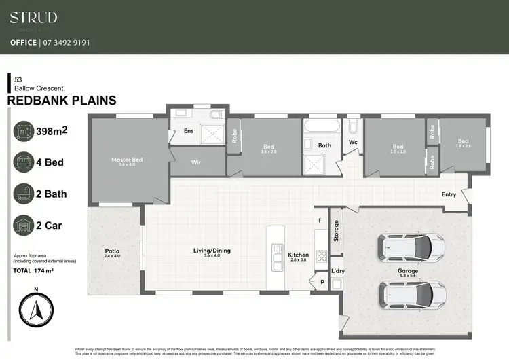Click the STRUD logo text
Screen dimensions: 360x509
pos(33,18)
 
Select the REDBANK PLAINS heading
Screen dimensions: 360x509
pos(62,101)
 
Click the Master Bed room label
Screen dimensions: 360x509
pos(128,160)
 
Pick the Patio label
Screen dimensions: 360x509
pos(112,249)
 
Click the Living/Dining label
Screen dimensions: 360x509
pos(212,251)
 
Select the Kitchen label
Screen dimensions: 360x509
pos(298,255)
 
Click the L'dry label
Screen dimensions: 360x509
pos(337,271)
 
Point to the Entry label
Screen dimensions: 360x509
pos(449,194)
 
